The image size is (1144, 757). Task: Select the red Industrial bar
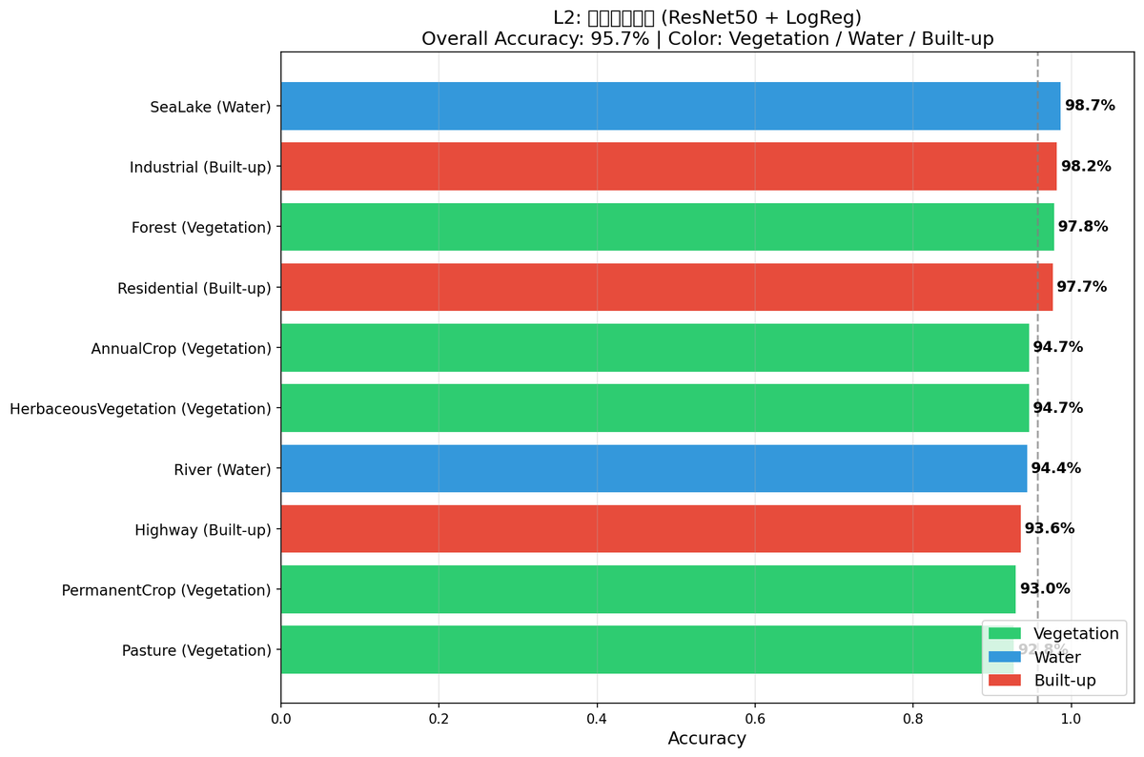[668, 167]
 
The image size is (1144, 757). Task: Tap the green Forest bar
[667, 227]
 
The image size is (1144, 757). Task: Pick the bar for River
[654, 468]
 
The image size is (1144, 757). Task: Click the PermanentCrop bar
[648, 589]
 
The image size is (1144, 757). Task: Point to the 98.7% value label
[1090, 106]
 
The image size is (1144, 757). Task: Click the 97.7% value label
[1081, 287]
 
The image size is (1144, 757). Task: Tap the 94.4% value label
[1056, 468]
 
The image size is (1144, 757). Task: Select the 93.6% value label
[1050, 528]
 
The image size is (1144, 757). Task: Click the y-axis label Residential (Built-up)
[194, 288]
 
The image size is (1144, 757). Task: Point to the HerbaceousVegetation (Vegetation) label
[140, 409]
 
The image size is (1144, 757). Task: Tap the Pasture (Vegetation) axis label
[196, 650]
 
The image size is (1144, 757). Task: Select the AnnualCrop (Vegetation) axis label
[181, 348]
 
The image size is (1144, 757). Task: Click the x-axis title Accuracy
[706, 739]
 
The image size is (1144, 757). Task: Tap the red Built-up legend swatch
[1005, 681]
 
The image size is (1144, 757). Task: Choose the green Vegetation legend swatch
[1005, 634]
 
